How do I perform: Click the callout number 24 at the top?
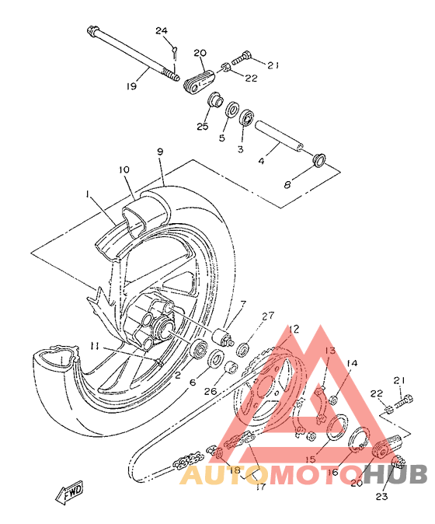point(162,31)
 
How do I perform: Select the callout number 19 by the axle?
point(131,86)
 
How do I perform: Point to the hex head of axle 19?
point(92,31)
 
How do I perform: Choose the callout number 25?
point(202,126)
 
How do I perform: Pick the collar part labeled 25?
point(215,100)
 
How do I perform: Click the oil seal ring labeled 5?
point(232,110)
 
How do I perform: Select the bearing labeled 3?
point(248,118)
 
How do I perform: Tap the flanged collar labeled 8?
point(319,159)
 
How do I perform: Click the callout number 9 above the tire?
point(161,152)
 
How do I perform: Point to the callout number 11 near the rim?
point(95,347)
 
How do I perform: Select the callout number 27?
point(269,316)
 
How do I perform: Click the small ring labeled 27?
point(243,350)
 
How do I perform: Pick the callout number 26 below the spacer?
point(211,391)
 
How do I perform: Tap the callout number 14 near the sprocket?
point(352,363)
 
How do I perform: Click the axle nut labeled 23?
point(398,463)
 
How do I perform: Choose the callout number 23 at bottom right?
point(381,497)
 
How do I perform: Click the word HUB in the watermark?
point(395,474)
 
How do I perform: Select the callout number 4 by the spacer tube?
point(262,161)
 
